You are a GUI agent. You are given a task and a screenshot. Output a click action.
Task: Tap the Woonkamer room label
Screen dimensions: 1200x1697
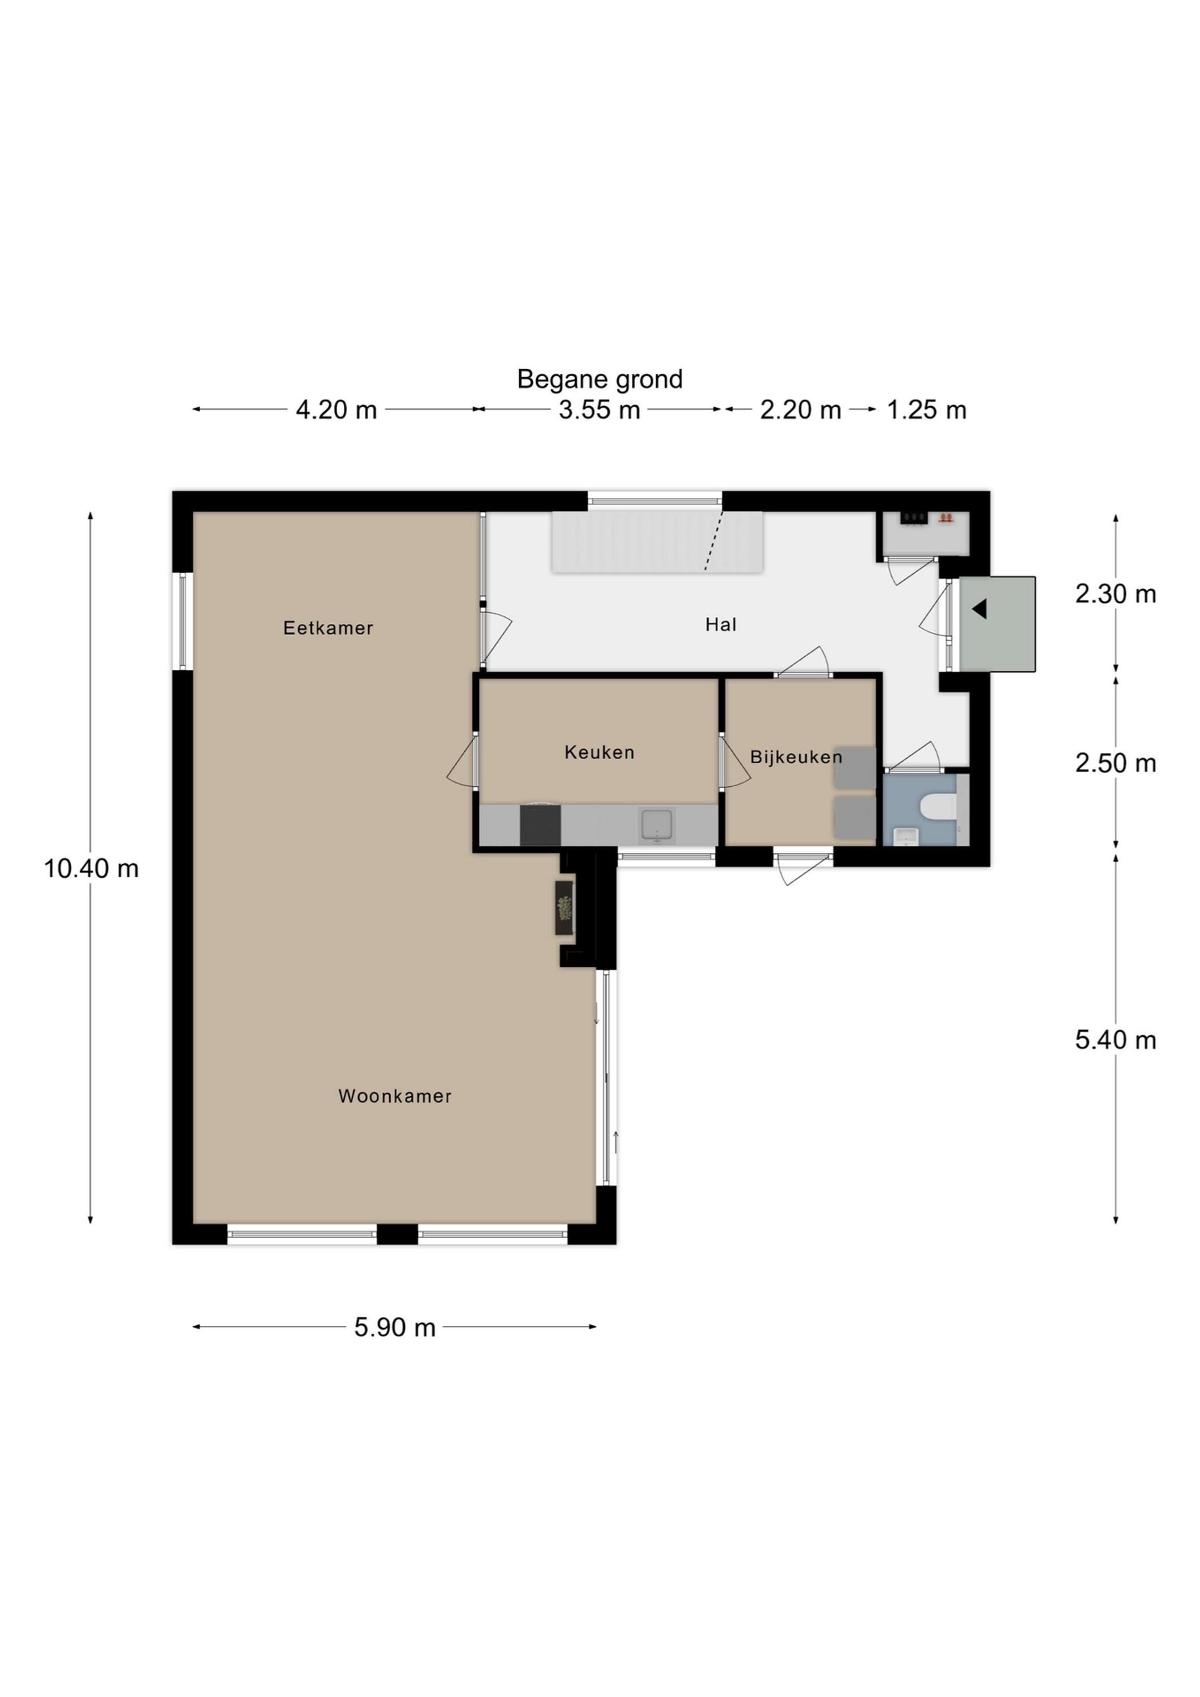tap(395, 1096)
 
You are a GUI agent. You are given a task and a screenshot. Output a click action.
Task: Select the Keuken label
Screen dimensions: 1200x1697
tap(599, 752)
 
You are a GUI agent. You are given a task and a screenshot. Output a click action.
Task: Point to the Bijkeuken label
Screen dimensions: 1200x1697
tap(796, 757)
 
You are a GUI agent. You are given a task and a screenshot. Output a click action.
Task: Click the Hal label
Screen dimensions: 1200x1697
tap(720, 624)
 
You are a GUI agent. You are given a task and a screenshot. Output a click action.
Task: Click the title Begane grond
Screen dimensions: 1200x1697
tap(599, 379)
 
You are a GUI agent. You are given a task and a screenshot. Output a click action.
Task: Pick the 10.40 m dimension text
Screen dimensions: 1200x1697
tap(91, 868)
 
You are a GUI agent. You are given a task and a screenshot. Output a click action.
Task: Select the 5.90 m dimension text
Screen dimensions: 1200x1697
tap(395, 1328)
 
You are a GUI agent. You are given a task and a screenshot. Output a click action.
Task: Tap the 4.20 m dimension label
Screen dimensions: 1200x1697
tap(336, 410)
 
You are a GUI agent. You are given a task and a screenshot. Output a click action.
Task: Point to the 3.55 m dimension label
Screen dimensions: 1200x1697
tap(599, 410)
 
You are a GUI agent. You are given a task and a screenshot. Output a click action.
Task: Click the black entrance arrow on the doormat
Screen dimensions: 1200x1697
tap(980, 609)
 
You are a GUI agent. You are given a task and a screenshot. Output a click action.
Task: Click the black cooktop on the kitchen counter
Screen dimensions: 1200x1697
tap(540, 825)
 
